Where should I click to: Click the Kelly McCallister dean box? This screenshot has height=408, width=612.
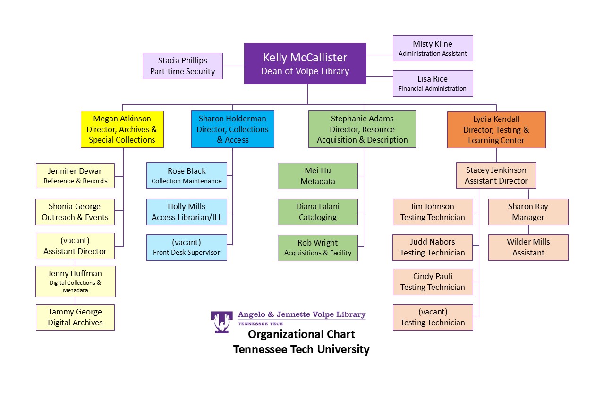[x=305, y=64]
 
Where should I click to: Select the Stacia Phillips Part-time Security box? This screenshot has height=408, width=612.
[x=183, y=66]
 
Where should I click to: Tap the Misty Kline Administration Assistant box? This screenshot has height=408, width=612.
[x=433, y=48]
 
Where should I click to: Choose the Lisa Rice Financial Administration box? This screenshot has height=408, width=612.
[x=433, y=83]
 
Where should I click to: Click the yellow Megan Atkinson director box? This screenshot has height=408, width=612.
[x=122, y=129]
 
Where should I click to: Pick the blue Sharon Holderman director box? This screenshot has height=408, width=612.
[x=232, y=129]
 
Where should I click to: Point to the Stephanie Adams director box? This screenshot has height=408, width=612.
[x=362, y=129]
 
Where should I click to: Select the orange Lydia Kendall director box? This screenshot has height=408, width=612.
[x=496, y=130]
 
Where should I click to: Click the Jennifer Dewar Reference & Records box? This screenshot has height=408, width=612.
[x=75, y=176]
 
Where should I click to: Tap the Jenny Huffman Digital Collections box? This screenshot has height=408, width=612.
[x=75, y=281]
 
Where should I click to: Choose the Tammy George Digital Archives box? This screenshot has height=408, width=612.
[x=75, y=317]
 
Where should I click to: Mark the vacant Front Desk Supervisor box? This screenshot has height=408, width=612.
[x=187, y=247]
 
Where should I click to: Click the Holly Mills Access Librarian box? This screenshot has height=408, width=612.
[x=187, y=212]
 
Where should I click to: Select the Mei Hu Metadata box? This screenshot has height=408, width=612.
[x=318, y=176]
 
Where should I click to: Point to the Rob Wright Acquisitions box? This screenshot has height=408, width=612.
[x=318, y=248]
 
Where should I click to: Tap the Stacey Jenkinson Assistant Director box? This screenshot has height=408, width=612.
[x=496, y=176]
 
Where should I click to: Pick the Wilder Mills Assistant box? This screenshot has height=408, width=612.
[x=528, y=247]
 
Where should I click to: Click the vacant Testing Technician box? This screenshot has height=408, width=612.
[x=433, y=317]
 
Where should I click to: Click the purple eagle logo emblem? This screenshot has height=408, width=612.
[x=221, y=322]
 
